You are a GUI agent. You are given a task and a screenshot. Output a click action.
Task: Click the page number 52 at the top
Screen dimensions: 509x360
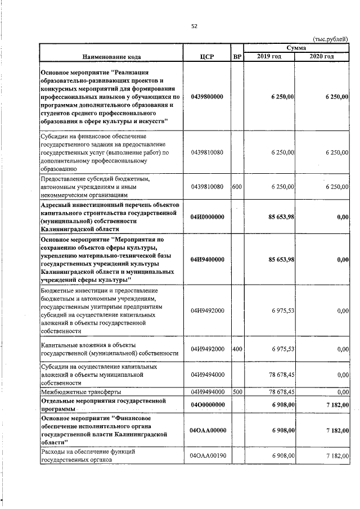pyautogui.click(x=194, y=26)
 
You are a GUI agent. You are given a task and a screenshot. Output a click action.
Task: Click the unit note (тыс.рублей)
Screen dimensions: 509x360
pyautogui.click(x=330, y=39)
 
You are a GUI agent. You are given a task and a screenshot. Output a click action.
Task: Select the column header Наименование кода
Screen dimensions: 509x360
pyautogui.click(x=111, y=57)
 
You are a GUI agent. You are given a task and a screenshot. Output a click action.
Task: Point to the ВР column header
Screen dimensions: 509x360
pyautogui.click(x=237, y=57)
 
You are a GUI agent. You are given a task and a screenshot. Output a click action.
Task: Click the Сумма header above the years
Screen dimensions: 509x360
pyautogui.click(x=296, y=49)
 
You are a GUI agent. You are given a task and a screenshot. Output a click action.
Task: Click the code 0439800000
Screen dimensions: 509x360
pyautogui.click(x=207, y=97)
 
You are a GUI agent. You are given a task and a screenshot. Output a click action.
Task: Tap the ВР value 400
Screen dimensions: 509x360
pyautogui.click(x=237, y=349)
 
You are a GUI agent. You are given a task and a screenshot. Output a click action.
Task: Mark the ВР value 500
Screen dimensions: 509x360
pyautogui.click(x=237, y=391)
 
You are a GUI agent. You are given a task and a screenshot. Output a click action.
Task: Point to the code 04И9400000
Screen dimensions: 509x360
pyautogui.click(x=207, y=259)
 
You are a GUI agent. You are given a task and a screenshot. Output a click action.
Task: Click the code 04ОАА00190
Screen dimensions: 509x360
pyautogui.click(x=207, y=455)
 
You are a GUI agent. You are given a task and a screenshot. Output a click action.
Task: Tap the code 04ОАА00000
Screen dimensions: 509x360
pyautogui.click(x=207, y=430)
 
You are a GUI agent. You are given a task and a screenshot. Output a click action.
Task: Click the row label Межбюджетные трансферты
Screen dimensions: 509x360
pyautogui.click(x=80, y=391)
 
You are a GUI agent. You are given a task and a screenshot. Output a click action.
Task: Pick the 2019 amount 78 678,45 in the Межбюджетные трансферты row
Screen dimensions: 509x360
pyautogui.click(x=280, y=391)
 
